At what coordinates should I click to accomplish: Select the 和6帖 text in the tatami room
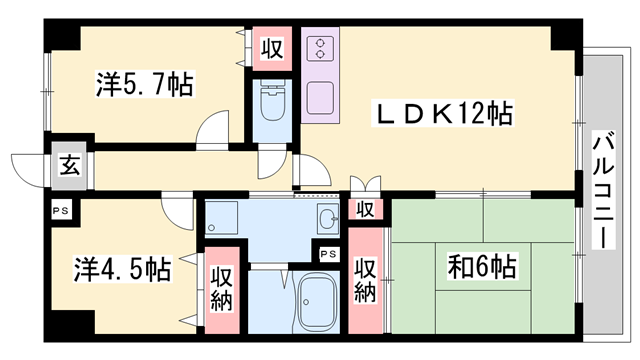coord(483,267)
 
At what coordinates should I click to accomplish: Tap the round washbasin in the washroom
coord(327,219)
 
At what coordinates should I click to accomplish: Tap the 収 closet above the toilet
coord(271,47)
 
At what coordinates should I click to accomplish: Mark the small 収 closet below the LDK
coord(366,210)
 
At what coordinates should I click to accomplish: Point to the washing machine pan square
coord(222,218)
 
